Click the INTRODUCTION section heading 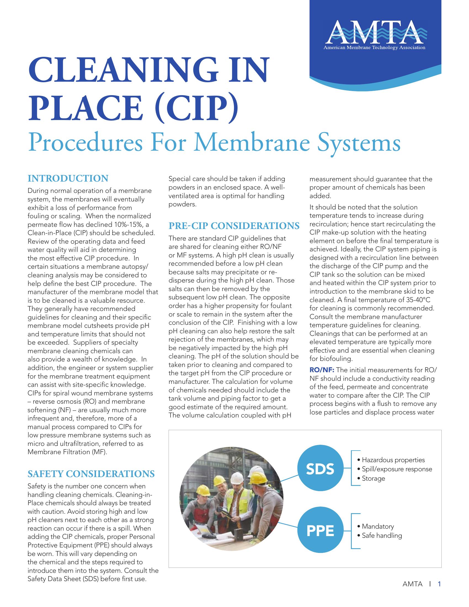click(x=68, y=179)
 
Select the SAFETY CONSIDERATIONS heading click(x=91, y=474)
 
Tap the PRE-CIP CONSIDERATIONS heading click(x=234, y=226)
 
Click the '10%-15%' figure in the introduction click(x=128, y=225)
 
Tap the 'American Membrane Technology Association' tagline click(x=374, y=48)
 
